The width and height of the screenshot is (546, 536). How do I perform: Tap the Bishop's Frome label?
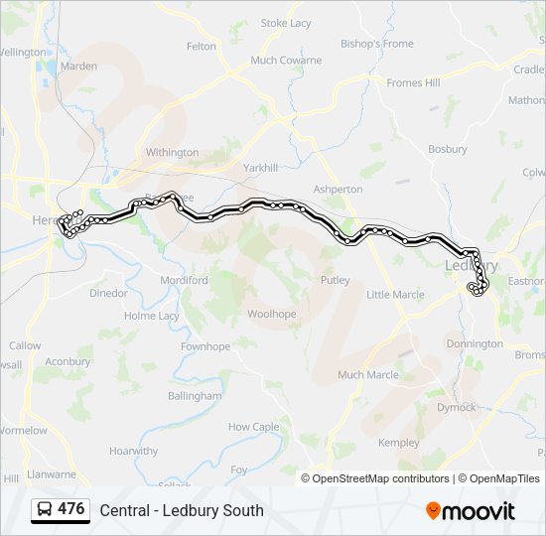(x=376, y=44)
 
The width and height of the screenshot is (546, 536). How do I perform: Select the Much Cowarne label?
(x=286, y=61)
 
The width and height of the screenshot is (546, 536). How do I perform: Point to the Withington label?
(x=172, y=153)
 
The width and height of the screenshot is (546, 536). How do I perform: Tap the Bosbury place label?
(x=447, y=149)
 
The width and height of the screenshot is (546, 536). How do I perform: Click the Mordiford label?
(x=185, y=281)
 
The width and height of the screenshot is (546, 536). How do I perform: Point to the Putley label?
(x=335, y=281)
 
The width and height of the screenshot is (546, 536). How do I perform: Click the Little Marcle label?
(x=395, y=295)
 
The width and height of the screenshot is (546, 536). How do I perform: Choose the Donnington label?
(x=475, y=343)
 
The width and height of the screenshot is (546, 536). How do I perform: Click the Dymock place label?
(x=457, y=407)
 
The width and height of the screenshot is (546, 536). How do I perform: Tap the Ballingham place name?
(x=195, y=395)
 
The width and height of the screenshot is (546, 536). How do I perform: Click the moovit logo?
(x=471, y=511)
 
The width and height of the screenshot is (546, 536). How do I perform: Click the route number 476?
(x=71, y=509)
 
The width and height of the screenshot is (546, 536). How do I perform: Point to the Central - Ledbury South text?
(x=182, y=510)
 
